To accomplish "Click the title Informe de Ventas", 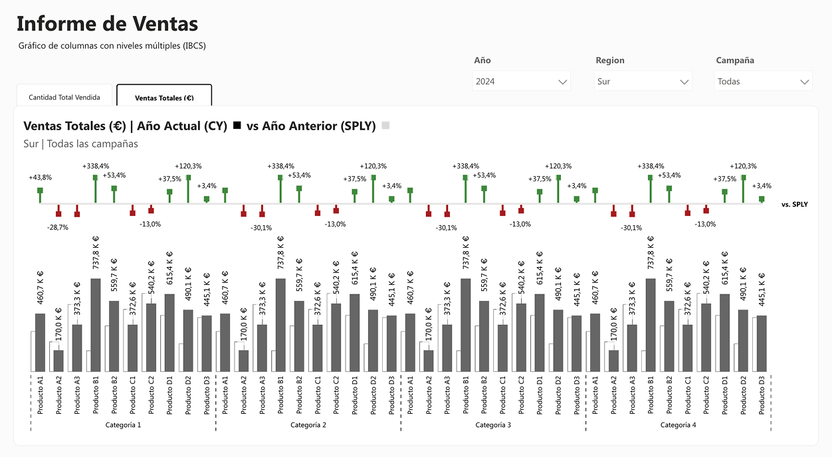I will [x=107, y=24].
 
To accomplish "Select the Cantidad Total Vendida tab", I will [x=64, y=98].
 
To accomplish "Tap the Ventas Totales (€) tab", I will [x=164, y=98].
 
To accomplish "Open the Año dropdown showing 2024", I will [x=521, y=82].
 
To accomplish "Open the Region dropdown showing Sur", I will [x=643, y=82].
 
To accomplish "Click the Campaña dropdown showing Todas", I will [x=764, y=82].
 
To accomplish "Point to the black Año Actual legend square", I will [x=237, y=126].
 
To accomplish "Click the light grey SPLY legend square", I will [x=385, y=126].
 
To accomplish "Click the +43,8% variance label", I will [x=40, y=177].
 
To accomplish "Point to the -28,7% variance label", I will [x=57, y=227].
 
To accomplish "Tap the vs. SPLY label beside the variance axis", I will [x=795, y=205].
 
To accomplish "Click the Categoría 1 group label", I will [x=123, y=424].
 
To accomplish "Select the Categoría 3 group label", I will [x=493, y=424].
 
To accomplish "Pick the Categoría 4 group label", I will [x=678, y=424].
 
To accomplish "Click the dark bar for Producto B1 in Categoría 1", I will [x=96, y=325].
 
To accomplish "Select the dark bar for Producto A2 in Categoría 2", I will [x=244, y=360].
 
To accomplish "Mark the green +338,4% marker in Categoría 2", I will [x=280, y=178].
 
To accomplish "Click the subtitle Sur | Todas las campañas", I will [x=80, y=143].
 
